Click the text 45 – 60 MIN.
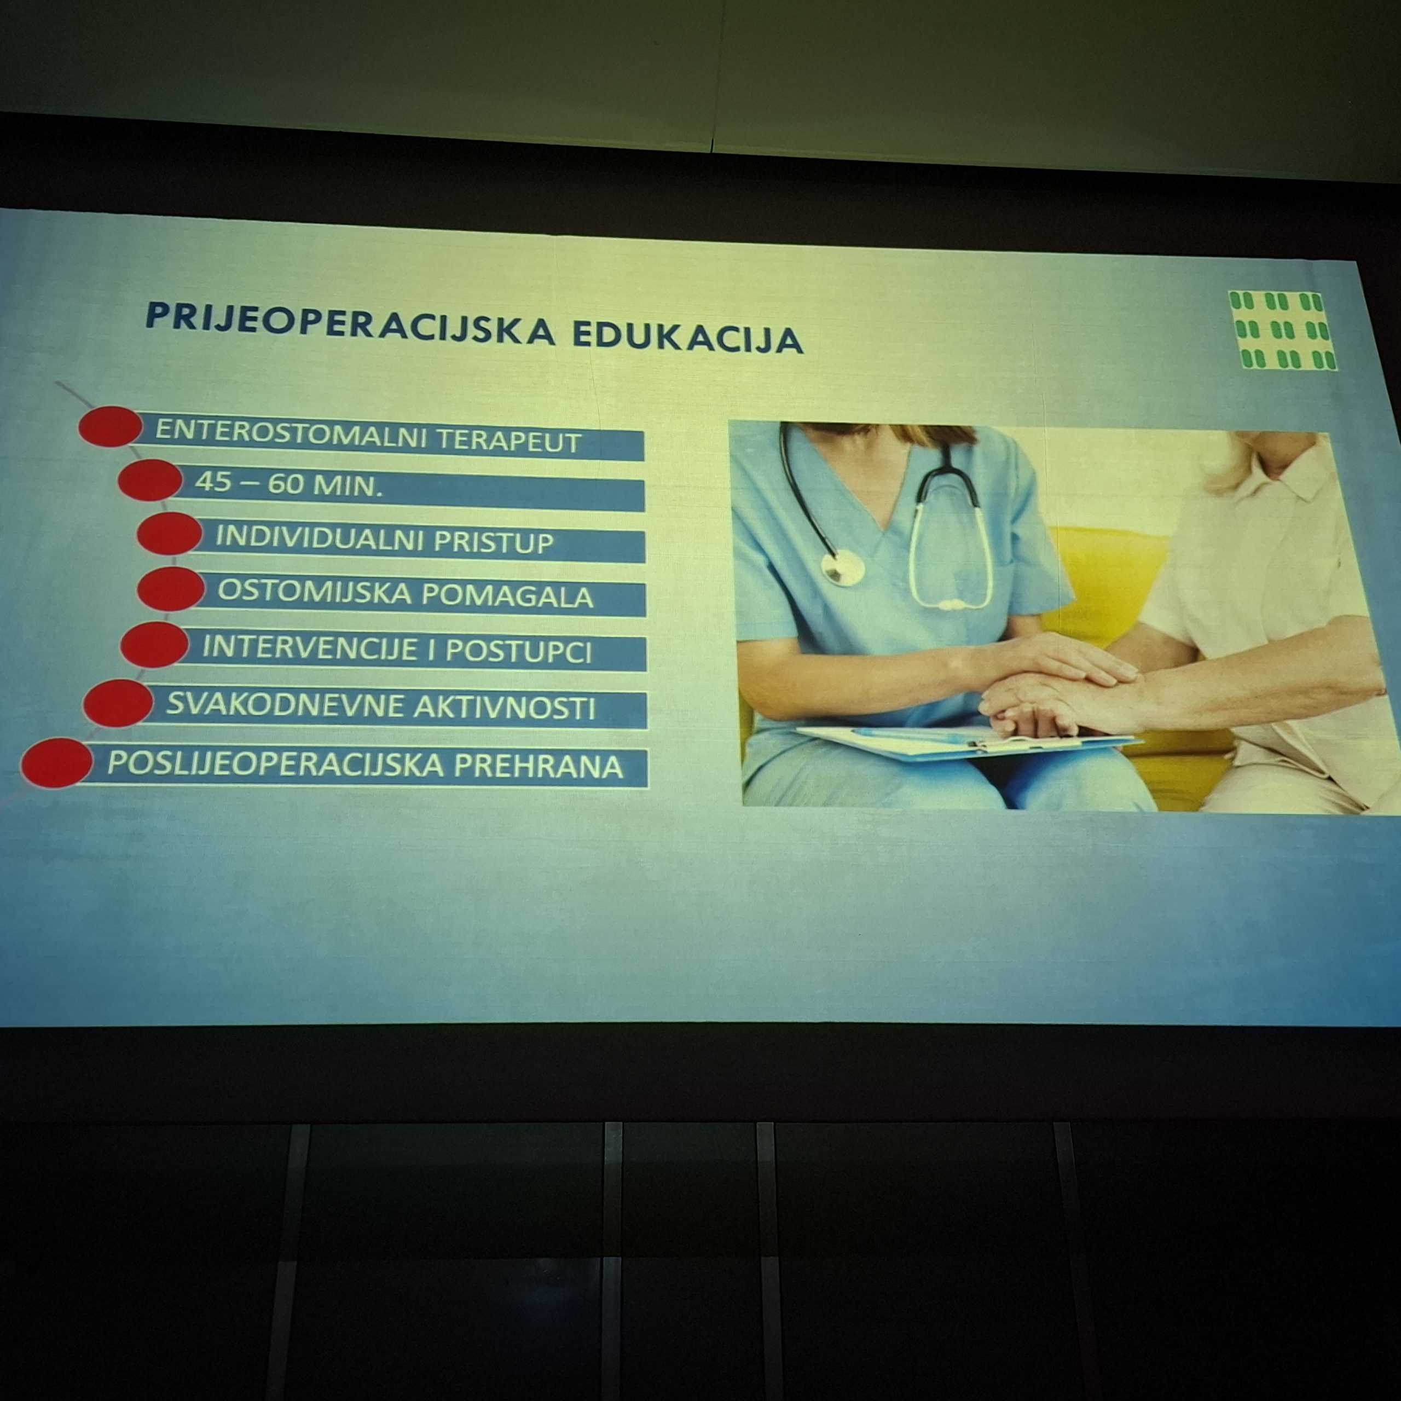288,484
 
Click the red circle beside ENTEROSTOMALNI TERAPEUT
110,426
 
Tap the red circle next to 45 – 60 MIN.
149,479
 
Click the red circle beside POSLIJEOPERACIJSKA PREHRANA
56,763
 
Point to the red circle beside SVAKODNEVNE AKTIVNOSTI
118,703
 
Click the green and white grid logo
1282,331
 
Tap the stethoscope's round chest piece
843,567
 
